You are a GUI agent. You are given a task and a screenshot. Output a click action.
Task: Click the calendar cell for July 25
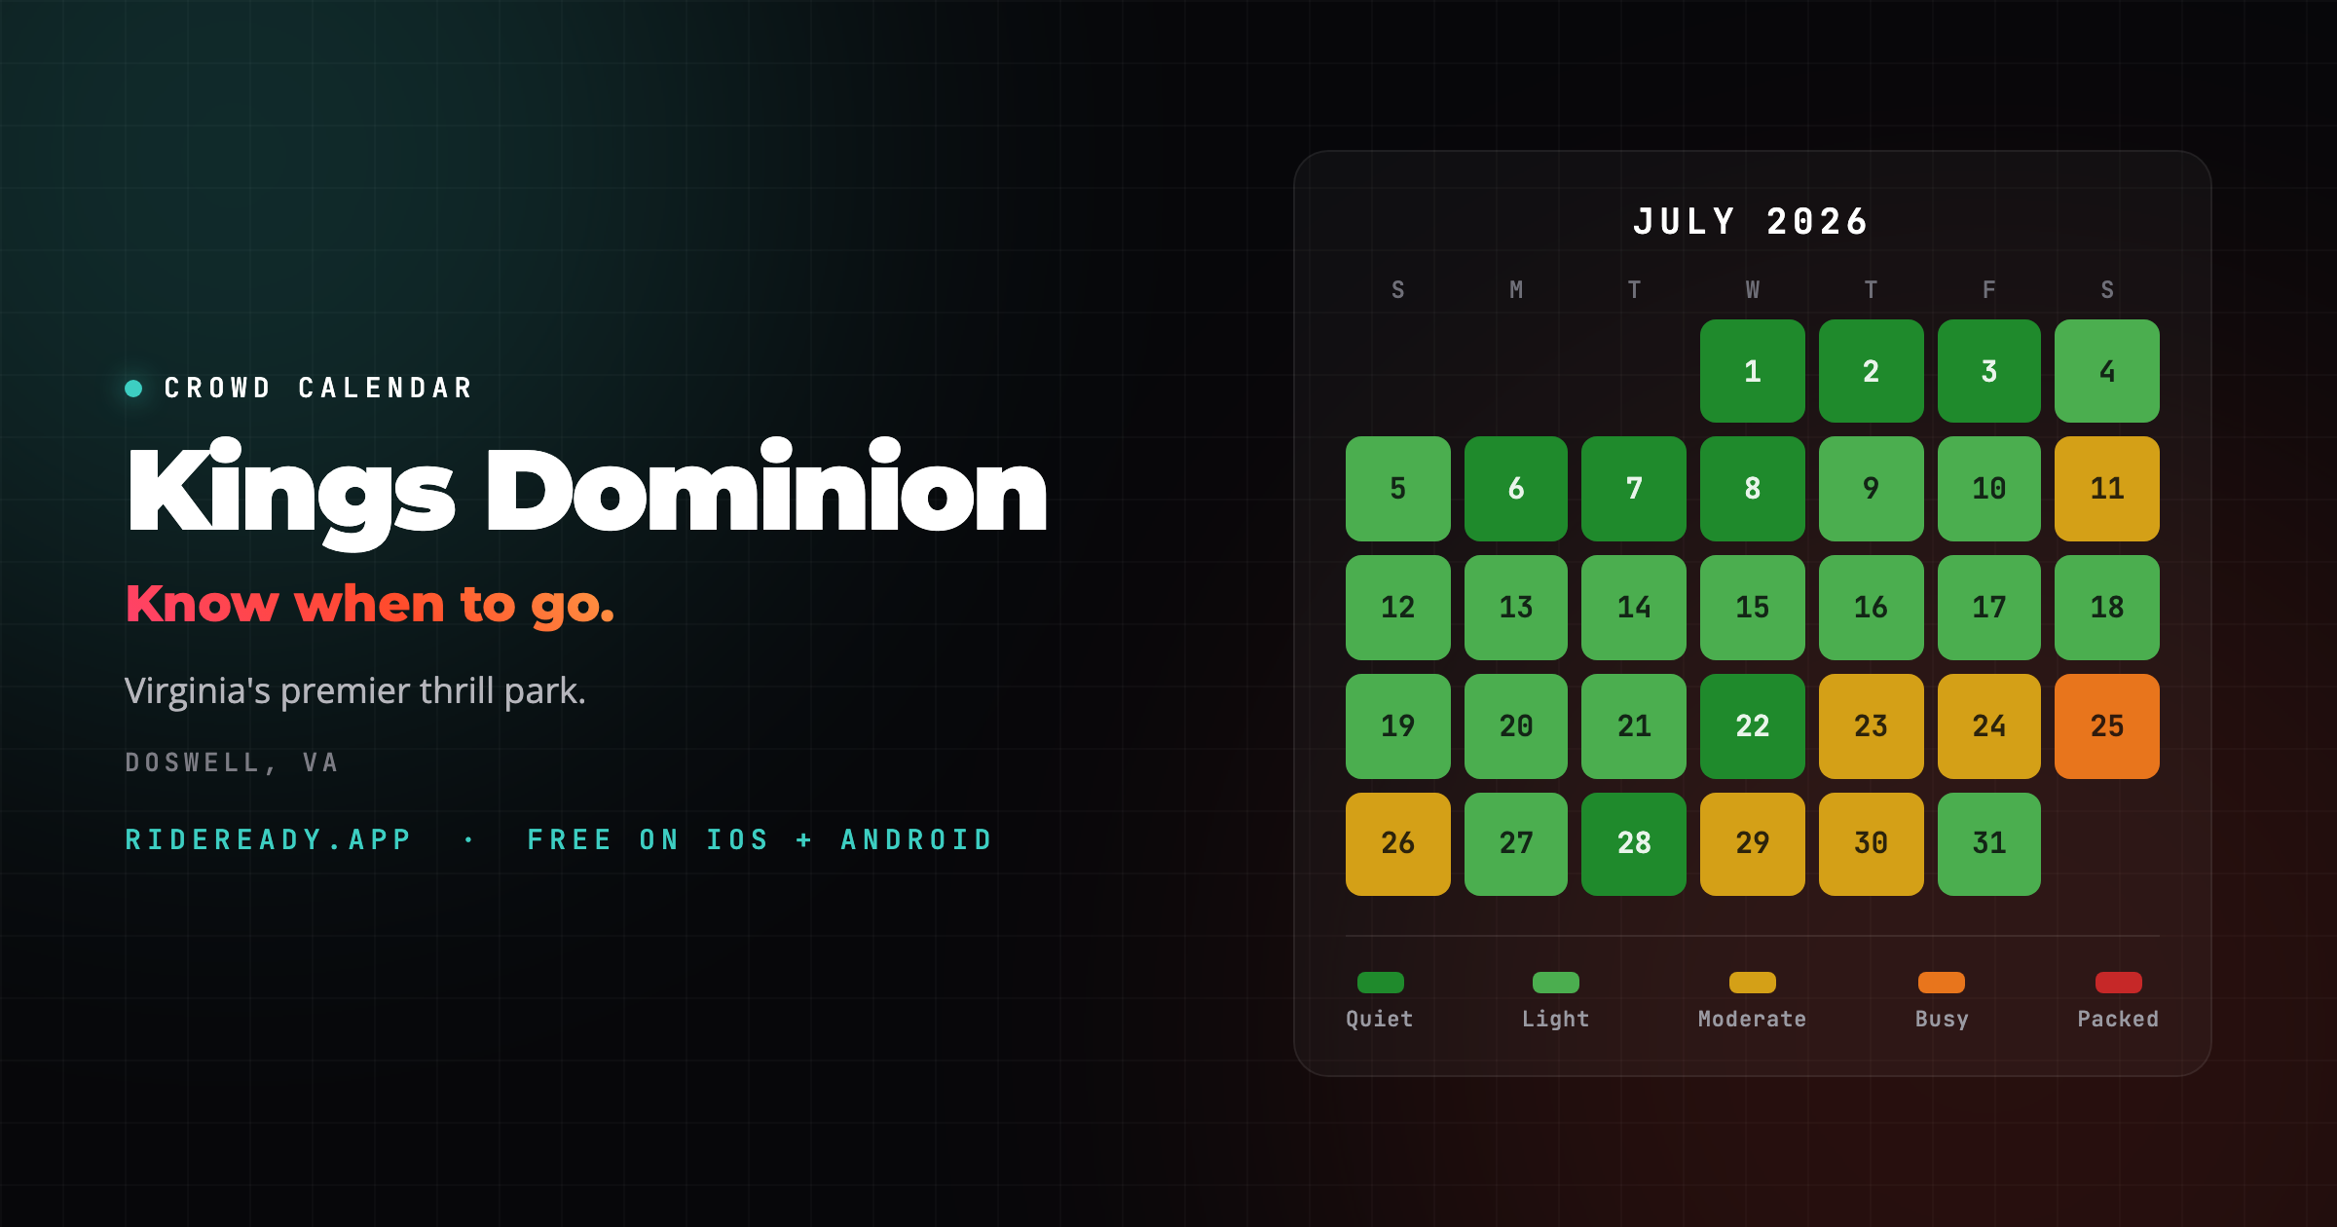click(x=2107, y=726)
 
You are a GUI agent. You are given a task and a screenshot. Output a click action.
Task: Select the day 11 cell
click(x=2107, y=489)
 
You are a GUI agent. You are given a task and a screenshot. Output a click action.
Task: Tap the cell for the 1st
click(x=1753, y=371)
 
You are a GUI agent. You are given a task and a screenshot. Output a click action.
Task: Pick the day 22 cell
click(x=1753, y=726)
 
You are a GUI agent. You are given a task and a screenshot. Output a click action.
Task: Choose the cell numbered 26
click(x=1398, y=844)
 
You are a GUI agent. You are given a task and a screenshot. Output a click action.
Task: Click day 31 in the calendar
click(x=1989, y=844)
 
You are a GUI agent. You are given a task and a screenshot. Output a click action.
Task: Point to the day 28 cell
click(x=1634, y=844)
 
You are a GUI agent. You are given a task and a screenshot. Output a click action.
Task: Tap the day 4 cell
click(x=2107, y=371)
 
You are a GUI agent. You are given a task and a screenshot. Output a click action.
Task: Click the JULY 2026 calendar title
click(x=1752, y=222)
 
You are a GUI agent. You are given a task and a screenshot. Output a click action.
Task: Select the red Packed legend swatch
click(x=2119, y=983)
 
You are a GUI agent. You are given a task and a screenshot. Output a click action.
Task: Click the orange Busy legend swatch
click(x=1942, y=983)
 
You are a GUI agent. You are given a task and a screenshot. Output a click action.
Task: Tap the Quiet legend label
click(x=1380, y=1020)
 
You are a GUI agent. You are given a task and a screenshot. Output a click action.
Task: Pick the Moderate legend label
click(x=1753, y=1020)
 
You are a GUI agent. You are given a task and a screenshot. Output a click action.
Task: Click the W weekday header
click(x=1753, y=290)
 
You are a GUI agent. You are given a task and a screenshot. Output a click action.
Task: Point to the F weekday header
click(x=1989, y=290)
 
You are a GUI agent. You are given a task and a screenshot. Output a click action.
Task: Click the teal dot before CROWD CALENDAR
click(x=134, y=389)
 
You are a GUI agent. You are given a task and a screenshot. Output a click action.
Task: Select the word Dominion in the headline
click(x=766, y=490)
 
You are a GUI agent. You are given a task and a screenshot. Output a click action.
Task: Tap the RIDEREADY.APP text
click(x=269, y=840)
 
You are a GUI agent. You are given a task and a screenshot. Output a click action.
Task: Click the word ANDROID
click(x=916, y=840)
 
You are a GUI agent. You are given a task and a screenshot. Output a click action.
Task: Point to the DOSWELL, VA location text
click(x=232, y=762)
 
